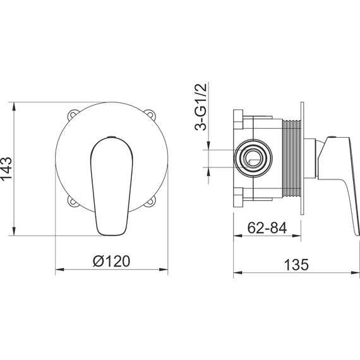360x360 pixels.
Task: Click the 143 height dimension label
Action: point(6,169)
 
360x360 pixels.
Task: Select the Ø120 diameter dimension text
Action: point(112,261)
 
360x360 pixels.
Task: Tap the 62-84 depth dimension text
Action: point(267,228)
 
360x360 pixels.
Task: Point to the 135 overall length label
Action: point(296,265)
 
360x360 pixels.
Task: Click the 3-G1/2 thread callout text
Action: point(201,107)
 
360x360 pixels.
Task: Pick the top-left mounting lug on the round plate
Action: point(73,114)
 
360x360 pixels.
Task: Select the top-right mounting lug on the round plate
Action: point(150,114)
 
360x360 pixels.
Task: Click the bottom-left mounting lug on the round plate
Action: point(73,201)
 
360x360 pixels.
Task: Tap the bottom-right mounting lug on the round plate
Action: point(150,201)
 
